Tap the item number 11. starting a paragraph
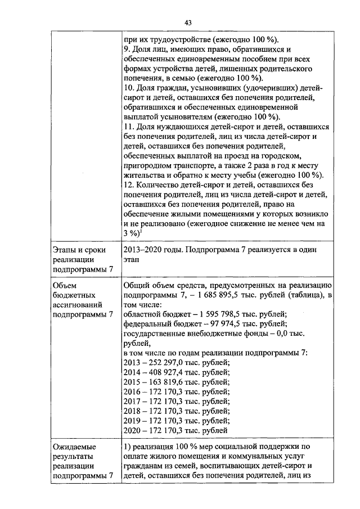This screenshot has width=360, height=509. (128, 127)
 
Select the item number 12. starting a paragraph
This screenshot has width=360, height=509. (128, 186)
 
